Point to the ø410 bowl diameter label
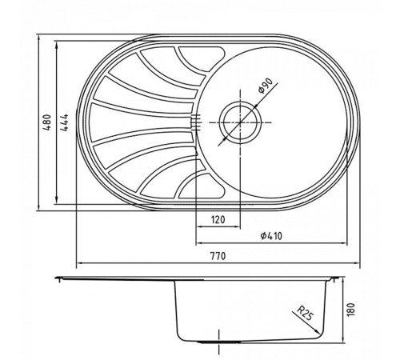[x=274, y=237]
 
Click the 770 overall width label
[x=216, y=256]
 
